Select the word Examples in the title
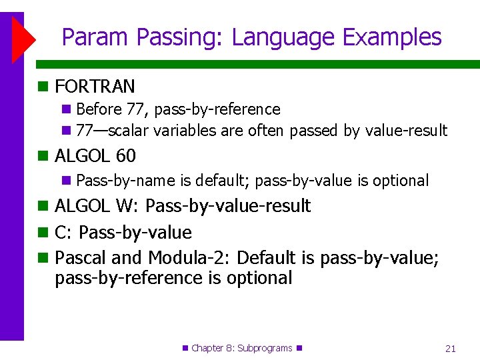(x=392, y=37)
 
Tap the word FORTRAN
(x=95, y=86)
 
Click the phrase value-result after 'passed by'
(x=406, y=131)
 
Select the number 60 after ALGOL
(x=125, y=156)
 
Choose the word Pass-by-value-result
(x=228, y=205)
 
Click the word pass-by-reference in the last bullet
(x=129, y=277)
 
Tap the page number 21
(x=450, y=348)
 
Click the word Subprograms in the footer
(x=264, y=348)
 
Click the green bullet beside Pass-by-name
(x=66, y=181)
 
